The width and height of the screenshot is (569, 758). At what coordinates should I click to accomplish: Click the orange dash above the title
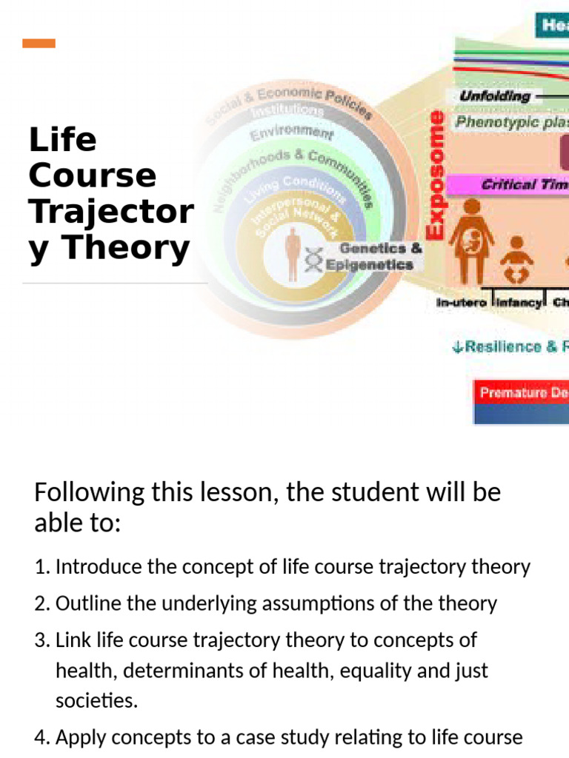click(x=39, y=44)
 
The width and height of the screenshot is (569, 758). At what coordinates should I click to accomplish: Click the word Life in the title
click(x=62, y=139)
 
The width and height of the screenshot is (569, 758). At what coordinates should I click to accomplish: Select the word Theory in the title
click(x=129, y=249)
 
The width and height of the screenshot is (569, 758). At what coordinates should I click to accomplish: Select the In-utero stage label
click(x=461, y=302)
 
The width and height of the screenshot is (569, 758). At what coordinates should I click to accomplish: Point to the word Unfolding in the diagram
click(x=495, y=96)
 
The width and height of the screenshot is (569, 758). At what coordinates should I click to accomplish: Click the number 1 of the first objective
click(x=41, y=568)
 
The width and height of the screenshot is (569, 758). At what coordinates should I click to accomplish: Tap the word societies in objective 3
click(x=96, y=701)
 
